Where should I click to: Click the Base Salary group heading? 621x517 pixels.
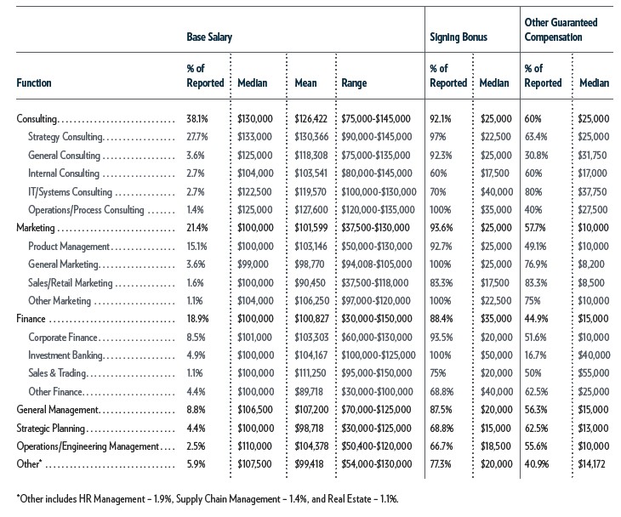click(x=209, y=37)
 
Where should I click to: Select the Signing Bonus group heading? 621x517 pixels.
click(x=459, y=37)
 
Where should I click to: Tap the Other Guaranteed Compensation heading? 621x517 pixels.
click(x=561, y=30)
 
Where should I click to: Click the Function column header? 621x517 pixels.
click(x=34, y=83)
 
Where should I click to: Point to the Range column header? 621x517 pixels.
click(x=354, y=83)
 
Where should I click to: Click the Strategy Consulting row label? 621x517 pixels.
click(x=66, y=137)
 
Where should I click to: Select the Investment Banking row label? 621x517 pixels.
click(x=66, y=355)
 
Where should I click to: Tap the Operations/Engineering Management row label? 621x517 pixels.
click(x=88, y=446)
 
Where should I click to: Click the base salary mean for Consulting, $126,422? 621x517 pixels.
click(x=310, y=118)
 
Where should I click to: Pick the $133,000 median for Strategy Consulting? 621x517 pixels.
click(x=254, y=137)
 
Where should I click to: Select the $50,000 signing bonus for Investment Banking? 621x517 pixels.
click(x=496, y=355)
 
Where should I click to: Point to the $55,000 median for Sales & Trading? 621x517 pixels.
click(x=594, y=373)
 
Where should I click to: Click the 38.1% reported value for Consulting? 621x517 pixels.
click(x=197, y=118)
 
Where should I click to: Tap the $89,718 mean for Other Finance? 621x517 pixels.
click(x=309, y=391)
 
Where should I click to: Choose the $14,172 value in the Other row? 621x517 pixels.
click(x=591, y=463)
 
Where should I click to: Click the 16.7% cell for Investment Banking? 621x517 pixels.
click(x=535, y=355)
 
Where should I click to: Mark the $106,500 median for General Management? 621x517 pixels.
click(x=255, y=409)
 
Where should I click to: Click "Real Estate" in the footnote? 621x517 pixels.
click(x=350, y=499)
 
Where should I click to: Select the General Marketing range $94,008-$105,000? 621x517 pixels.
click(x=377, y=264)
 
